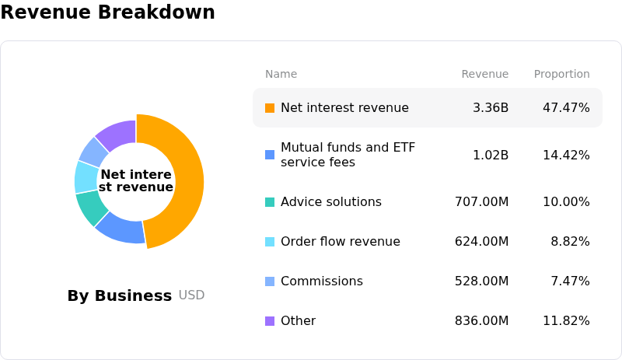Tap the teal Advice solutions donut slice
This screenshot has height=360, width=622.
tap(91, 206)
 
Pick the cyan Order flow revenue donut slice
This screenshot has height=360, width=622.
tap(86, 177)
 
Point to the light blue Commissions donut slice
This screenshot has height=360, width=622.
tap(94, 151)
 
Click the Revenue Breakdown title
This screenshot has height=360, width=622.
tap(107, 12)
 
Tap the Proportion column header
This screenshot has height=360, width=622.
tap(561, 74)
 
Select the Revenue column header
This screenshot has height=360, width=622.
tap(484, 74)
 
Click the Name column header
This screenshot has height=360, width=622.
tap(281, 74)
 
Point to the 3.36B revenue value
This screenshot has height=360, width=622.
tap(491, 107)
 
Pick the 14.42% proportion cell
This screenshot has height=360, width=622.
tap(566, 155)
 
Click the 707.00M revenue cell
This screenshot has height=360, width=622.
tap(481, 201)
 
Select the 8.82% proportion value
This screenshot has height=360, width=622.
tap(570, 241)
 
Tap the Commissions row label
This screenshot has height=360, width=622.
tap(322, 281)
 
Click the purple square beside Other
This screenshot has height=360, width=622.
tap(270, 320)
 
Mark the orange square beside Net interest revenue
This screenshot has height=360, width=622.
tap(270, 108)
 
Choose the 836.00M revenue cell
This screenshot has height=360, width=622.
tap(481, 320)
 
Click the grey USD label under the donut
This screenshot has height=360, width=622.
tap(191, 295)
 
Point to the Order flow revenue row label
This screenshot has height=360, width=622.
tap(341, 241)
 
